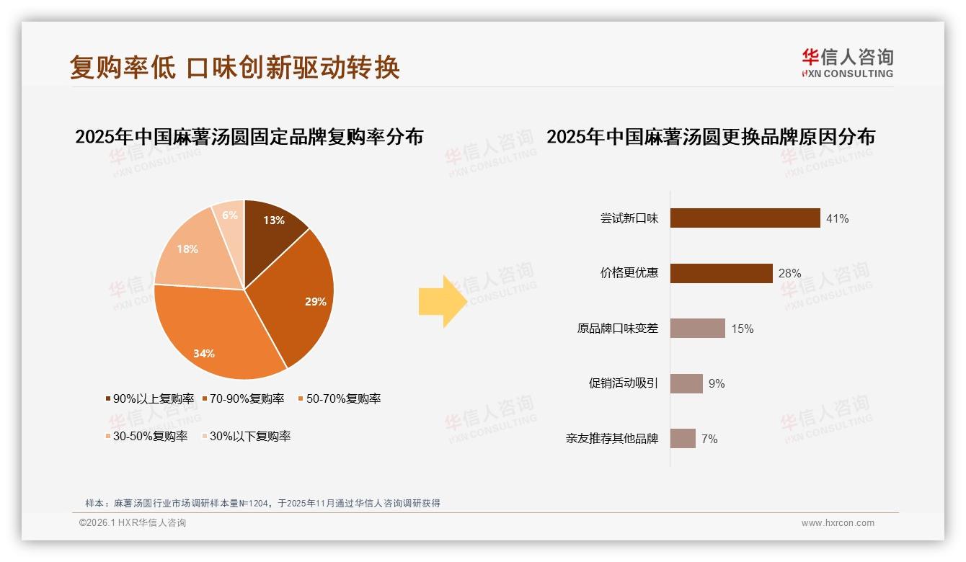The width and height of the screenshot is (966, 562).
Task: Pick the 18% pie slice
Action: point(187,252)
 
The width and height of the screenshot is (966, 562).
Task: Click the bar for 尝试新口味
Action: point(745,218)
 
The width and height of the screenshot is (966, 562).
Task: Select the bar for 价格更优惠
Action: point(721,273)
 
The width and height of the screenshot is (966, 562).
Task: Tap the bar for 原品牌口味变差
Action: point(697,329)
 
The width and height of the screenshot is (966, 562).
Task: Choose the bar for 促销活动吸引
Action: point(686,383)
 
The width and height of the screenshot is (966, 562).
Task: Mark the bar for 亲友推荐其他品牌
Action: point(683,439)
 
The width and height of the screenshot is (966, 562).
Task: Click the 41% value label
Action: point(837,218)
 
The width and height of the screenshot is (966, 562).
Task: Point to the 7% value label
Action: point(709,439)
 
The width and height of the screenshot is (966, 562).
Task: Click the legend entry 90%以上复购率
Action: point(150,398)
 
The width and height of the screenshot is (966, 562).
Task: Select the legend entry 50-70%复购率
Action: point(339,398)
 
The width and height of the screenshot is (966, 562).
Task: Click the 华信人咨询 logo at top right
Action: point(847,63)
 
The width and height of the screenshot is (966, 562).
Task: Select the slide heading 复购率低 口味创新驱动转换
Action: point(234,68)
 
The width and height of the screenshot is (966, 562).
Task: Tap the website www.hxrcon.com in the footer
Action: point(838,523)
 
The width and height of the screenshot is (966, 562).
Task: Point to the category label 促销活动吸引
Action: point(623,383)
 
